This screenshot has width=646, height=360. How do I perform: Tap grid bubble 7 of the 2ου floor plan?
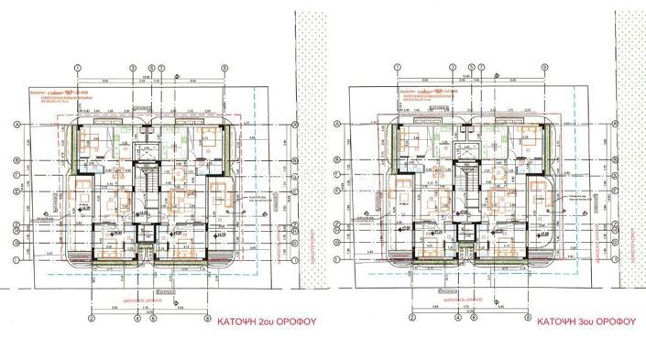coord(162,69)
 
